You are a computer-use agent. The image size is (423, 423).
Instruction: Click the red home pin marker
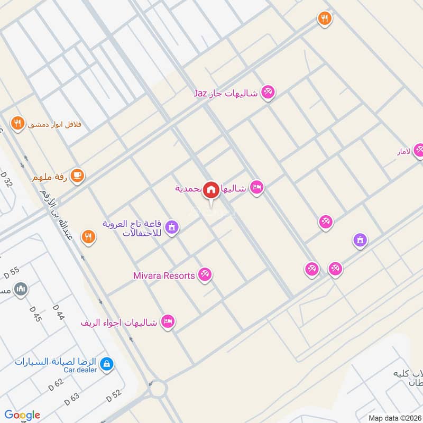(212, 189)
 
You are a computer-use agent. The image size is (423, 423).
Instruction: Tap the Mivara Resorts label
(164, 275)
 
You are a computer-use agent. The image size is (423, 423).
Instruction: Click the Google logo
(22, 415)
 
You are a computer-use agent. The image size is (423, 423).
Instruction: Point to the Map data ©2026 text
(394, 418)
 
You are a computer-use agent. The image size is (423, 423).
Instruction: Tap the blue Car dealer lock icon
(107, 363)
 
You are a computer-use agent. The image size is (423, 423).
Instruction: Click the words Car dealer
(80, 370)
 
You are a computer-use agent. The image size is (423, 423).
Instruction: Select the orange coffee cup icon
(77, 175)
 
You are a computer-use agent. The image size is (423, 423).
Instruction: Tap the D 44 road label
(58, 312)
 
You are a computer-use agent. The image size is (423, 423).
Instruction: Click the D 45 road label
(35, 314)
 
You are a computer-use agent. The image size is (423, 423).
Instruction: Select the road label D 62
(56, 384)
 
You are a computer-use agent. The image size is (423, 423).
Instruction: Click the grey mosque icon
(21, 289)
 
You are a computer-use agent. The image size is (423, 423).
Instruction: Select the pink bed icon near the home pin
(256, 188)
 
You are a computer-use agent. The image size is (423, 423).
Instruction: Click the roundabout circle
(158, 390)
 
